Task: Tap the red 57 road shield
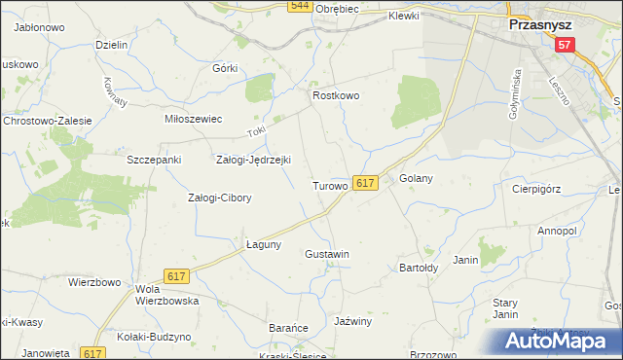(x=566, y=45)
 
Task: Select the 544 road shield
(x=300, y=6)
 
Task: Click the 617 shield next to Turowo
(x=365, y=183)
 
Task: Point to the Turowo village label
(x=330, y=185)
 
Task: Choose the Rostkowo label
(x=336, y=96)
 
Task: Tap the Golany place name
(x=416, y=179)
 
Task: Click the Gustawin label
(x=327, y=254)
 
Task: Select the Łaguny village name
(x=263, y=244)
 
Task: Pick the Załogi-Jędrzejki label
(x=253, y=160)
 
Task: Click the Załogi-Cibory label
(x=219, y=198)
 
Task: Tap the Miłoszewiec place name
(x=194, y=119)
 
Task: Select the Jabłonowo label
(x=40, y=28)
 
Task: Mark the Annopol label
(x=558, y=232)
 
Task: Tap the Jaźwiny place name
(x=352, y=321)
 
